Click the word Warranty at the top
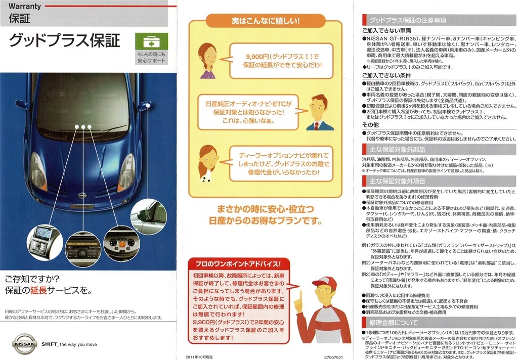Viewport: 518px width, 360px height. (25, 7)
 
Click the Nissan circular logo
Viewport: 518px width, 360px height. (24, 344)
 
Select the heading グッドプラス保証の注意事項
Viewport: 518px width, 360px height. (407, 20)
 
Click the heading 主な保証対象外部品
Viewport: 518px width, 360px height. (397, 150)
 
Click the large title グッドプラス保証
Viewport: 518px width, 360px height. (65, 40)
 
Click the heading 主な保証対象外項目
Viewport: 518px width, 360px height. (397, 181)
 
